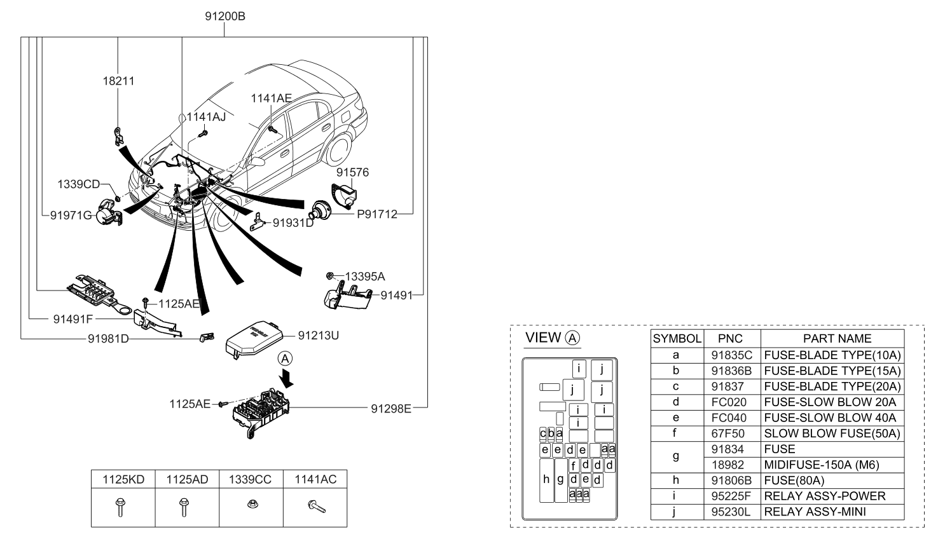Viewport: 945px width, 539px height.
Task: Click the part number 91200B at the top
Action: [224, 17]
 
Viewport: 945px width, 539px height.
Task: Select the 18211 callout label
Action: [118, 81]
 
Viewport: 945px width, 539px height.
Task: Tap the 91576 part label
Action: [352, 172]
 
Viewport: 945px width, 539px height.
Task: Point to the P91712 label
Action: [376, 214]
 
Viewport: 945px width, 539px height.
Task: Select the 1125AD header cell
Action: [187, 479]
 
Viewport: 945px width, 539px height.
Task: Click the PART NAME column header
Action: [836, 339]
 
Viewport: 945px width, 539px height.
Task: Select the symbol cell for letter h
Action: [675, 481]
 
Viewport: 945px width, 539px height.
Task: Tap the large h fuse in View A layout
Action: [546, 480]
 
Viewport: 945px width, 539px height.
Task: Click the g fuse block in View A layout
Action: [560, 480]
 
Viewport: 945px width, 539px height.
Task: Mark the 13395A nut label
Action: [364, 276]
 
